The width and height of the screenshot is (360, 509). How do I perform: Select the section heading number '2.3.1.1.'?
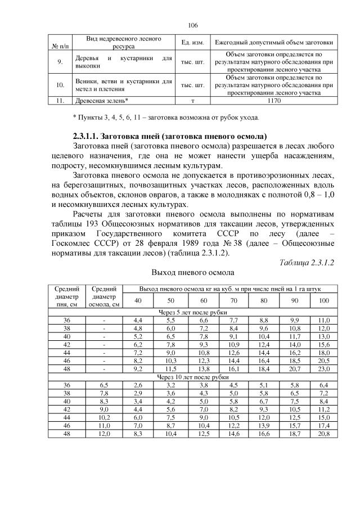coord(91,137)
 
